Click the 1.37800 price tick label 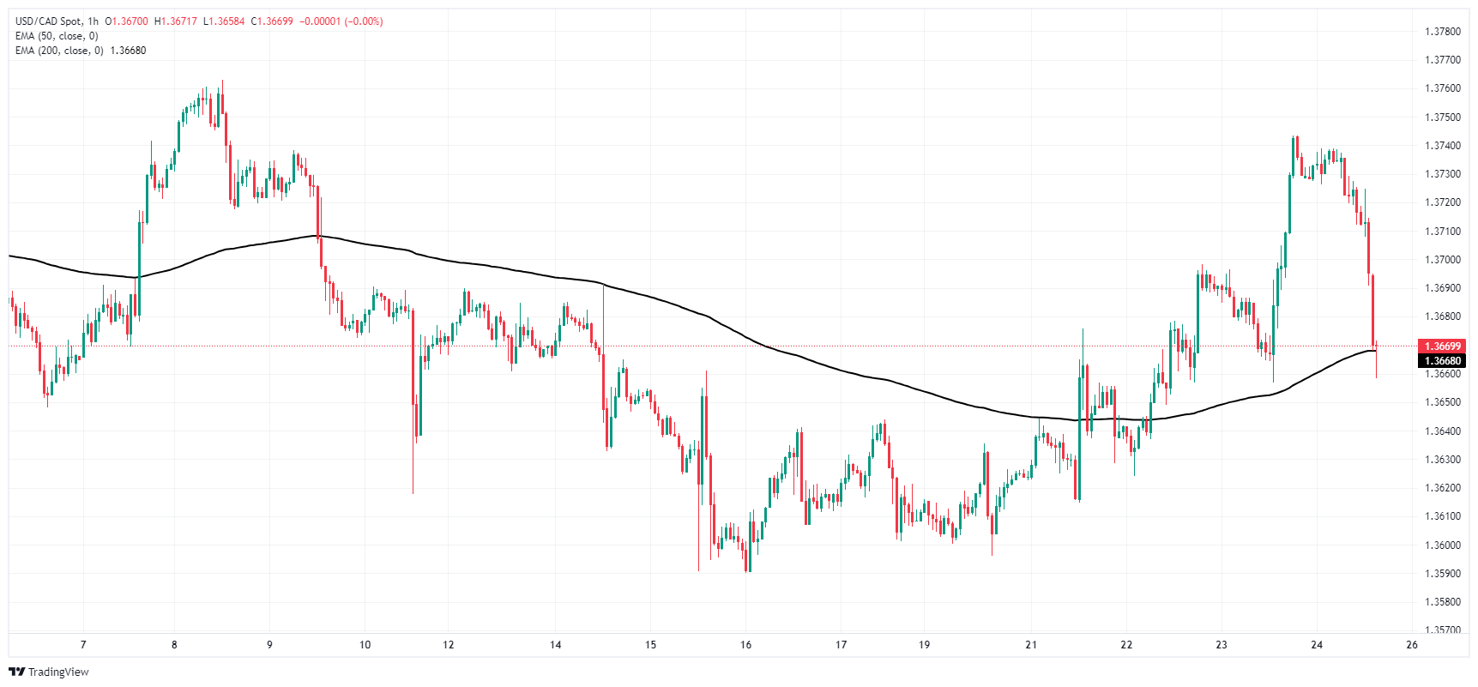1442,32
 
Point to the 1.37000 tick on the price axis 1442,260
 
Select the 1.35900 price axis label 1442,574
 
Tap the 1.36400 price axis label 1442,431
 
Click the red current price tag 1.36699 1442,347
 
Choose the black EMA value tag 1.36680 1442,361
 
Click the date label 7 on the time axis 83,645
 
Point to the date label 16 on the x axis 745,645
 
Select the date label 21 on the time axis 1031,645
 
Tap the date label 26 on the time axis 1412,645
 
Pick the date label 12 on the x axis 448,645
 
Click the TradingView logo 49,672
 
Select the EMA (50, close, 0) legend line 57,36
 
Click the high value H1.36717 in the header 175,21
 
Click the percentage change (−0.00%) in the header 363,21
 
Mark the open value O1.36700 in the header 126,21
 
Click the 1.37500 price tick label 1442,118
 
